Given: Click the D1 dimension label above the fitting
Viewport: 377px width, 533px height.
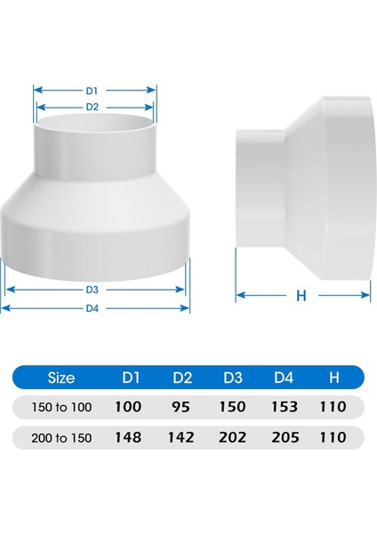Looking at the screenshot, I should click(92, 90).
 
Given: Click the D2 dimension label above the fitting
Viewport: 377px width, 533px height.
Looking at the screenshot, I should click(92, 106).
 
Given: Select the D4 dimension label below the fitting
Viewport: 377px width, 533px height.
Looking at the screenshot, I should click(92, 307).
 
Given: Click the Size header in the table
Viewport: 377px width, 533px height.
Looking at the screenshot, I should click(60, 378).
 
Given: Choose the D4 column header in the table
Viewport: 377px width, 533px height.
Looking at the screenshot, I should click(284, 378).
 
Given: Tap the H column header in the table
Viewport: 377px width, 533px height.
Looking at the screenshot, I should click(333, 378).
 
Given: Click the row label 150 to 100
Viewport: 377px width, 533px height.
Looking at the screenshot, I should click(60, 407).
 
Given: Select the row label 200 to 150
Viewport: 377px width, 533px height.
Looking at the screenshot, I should click(60, 437).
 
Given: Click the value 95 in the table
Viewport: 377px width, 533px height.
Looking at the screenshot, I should click(183, 407).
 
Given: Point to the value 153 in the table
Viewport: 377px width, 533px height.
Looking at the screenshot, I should click(284, 407).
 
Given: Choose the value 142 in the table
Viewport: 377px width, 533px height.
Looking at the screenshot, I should click(183, 437).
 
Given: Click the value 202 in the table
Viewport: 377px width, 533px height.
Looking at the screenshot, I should click(234, 437).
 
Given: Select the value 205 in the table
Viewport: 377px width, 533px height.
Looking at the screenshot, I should click(284, 437).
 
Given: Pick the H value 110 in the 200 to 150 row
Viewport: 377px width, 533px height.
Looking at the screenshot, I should click(333, 437).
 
